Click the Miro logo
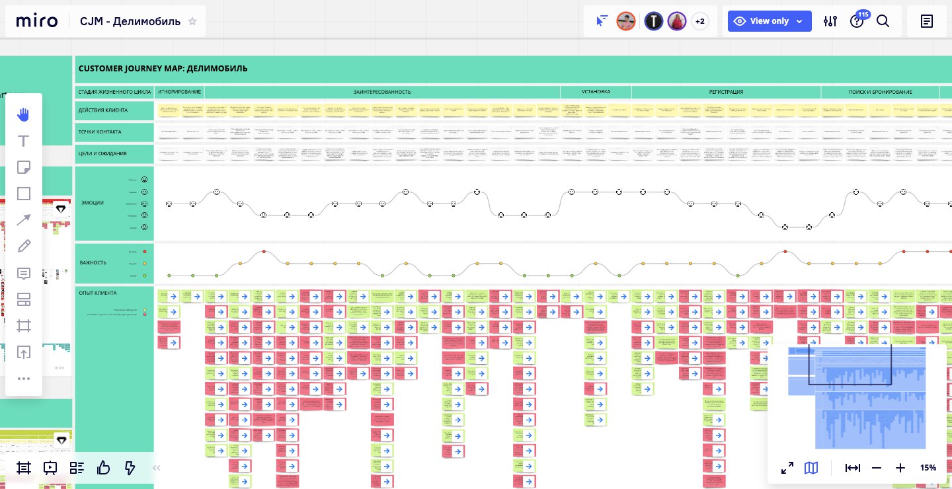[x=37, y=21]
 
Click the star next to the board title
[x=192, y=21]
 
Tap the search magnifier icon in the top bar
[x=883, y=21]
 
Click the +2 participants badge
[x=700, y=21]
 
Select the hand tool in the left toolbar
[x=24, y=114]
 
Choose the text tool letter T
[x=24, y=141]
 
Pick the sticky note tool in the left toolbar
[x=24, y=167]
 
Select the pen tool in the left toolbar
[x=24, y=246]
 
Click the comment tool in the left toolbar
[x=24, y=273]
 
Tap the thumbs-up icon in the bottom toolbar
[x=103, y=468]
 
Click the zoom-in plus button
[x=900, y=468]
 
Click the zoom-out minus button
[x=877, y=468]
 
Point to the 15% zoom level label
[x=928, y=468]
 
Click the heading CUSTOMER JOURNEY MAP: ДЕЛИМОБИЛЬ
[x=163, y=68]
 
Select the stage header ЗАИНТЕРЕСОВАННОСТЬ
[x=382, y=92]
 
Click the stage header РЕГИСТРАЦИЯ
[x=726, y=92]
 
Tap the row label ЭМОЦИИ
[x=92, y=203]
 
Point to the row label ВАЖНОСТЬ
[x=93, y=262]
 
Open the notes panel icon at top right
[x=927, y=21]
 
